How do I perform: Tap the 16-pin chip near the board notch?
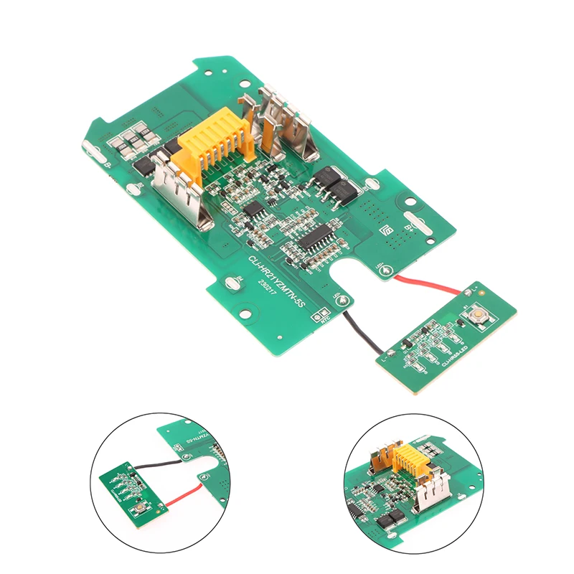click(316, 237)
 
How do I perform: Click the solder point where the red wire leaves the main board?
click(387, 271)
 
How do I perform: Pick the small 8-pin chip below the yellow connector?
click(255, 209)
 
